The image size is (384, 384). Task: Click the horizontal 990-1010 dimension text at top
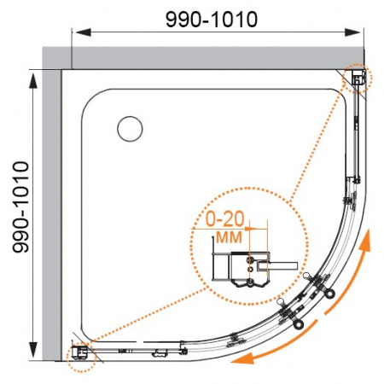[212, 20]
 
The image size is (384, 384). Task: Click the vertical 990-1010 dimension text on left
[20, 207]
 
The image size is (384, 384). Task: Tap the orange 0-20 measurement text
[224, 219]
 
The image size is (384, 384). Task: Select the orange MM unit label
[229, 237]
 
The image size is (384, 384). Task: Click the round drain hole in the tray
[130, 129]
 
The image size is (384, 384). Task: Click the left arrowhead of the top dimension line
[83, 32]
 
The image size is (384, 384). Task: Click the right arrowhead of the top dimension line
[352, 32]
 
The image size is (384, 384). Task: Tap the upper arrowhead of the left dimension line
[33, 81]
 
